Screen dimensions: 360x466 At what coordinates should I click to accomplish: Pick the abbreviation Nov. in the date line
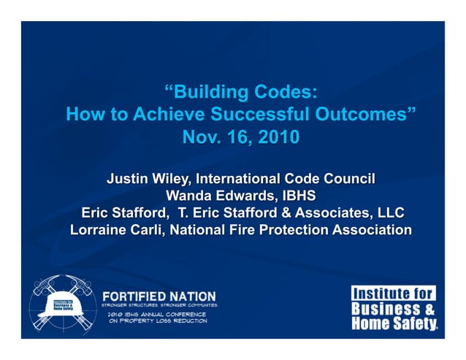199,137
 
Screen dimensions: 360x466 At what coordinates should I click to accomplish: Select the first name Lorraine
101,230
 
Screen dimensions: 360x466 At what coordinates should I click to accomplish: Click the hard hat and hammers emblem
62,306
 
